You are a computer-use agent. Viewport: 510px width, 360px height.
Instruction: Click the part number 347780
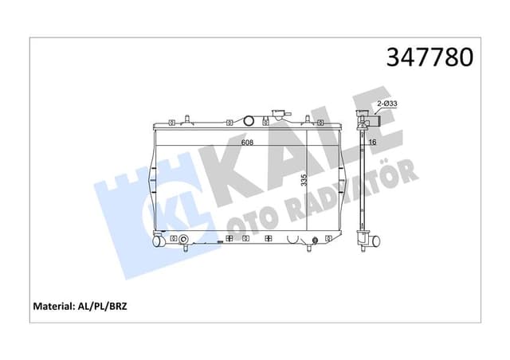pos(430,57)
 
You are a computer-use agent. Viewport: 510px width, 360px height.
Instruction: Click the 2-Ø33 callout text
pos(387,104)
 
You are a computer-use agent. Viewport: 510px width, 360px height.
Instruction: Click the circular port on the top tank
pos(248,122)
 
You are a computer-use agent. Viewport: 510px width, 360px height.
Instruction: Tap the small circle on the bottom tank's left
pos(184,238)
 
